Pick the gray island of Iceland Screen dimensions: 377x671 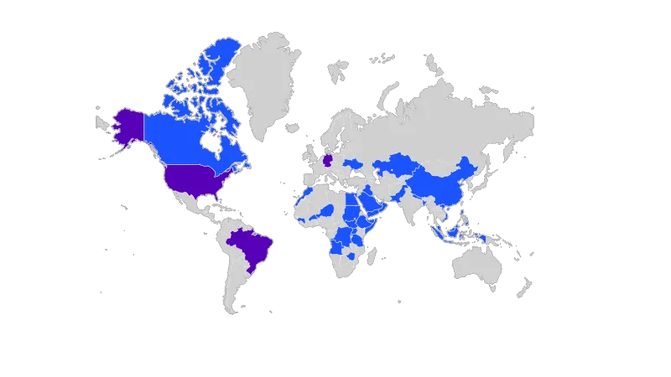pos(293,127)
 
